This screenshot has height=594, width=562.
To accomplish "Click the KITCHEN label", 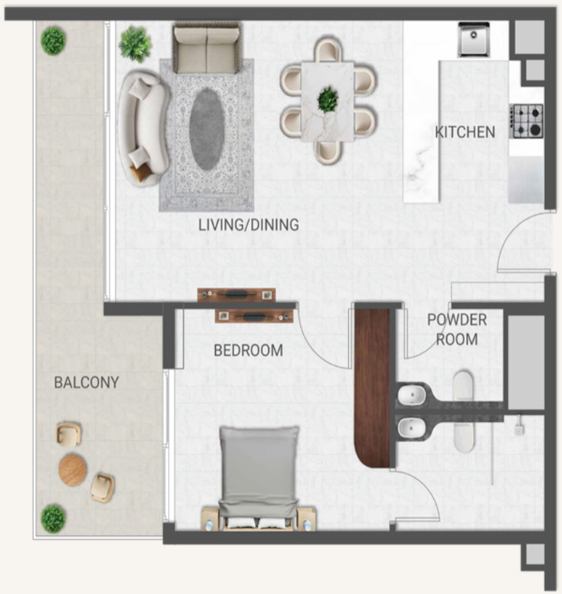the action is [x=465, y=132].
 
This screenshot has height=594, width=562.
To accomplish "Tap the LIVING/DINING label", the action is [x=248, y=225].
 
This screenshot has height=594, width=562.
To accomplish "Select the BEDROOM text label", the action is [x=248, y=351].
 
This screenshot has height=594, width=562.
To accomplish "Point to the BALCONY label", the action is [x=87, y=382].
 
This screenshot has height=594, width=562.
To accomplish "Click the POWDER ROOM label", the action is [x=457, y=330].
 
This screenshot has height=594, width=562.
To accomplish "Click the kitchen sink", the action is [x=473, y=39].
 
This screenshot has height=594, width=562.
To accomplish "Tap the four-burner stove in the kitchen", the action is [x=527, y=121].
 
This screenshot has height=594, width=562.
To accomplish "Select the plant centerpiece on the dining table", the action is [x=327, y=100].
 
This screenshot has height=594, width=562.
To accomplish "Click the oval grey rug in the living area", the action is [x=206, y=129].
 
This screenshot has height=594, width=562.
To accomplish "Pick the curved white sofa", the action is [x=143, y=128].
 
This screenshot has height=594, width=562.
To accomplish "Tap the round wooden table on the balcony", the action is [x=73, y=470].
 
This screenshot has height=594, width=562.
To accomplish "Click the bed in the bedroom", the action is [x=258, y=477].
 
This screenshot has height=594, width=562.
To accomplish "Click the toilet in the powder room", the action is [x=464, y=387].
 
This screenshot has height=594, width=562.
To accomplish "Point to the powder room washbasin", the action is [x=411, y=395].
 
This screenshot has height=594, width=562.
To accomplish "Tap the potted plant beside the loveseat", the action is [x=135, y=44].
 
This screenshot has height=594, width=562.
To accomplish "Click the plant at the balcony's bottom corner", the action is [x=53, y=519].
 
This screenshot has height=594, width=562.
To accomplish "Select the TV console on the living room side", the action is [x=236, y=295].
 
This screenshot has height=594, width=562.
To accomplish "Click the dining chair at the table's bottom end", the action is [x=327, y=152].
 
